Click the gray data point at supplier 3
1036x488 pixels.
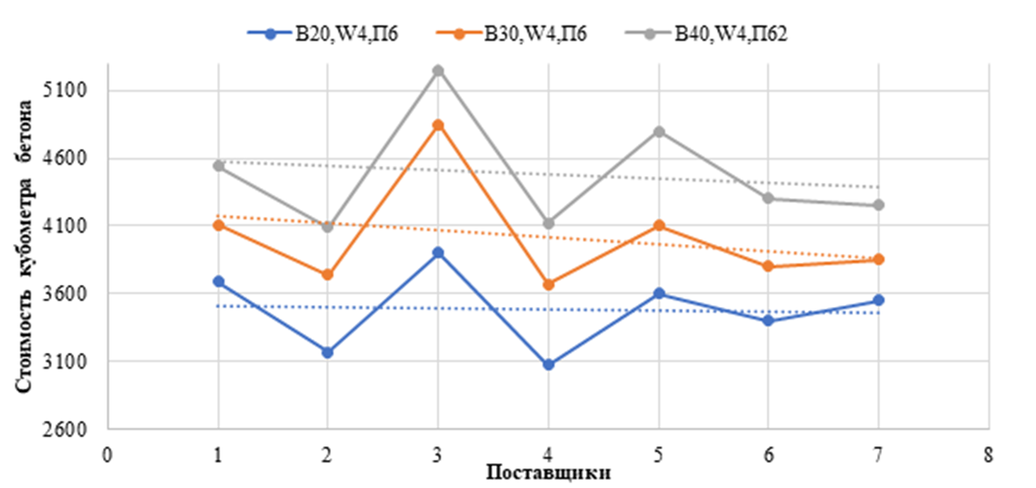coord(438,71)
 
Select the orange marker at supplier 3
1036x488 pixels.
coord(438,125)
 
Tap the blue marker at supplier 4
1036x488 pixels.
coord(549,365)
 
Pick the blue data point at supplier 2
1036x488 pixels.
coord(327,352)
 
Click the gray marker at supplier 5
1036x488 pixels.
coord(658,132)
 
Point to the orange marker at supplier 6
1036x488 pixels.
coord(768,266)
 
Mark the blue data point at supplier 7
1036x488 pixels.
coord(878,300)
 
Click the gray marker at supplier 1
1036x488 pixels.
coord(219,166)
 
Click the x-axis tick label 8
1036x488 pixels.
coord(988,454)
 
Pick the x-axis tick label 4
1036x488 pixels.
coord(548,454)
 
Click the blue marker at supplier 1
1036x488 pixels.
coord(219,281)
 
